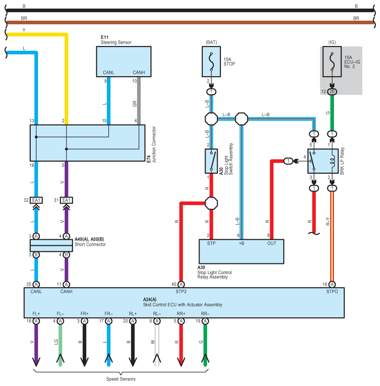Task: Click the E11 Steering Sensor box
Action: pos(124,61)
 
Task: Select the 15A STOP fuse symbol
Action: pos(211,61)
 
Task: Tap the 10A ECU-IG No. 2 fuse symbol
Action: pos(332,61)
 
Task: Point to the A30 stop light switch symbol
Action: pos(211,161)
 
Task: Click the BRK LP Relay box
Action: pos(323,161)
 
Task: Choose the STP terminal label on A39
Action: pos(211,243)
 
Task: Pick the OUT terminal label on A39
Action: pos(272,243)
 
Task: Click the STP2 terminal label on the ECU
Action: pos(181,291)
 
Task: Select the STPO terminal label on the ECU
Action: pos(332,291)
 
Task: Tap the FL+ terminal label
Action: pos(36,314)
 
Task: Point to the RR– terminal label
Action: pos(205,314)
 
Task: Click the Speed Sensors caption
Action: pos(121,379)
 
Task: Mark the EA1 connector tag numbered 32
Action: pos(36,200)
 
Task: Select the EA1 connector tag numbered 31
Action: pos(67,200)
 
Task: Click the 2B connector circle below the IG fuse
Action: pos(332,92)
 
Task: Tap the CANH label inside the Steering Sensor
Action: pos(139,72)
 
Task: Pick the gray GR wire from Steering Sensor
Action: pos(139,101)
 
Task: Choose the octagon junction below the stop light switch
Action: pos(211,203)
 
